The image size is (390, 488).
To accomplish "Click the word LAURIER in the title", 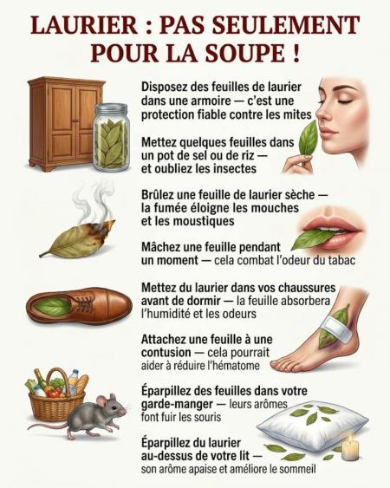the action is point(84,25).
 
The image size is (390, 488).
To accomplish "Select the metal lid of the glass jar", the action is point(111,109).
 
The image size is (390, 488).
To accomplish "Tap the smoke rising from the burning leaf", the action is point(93,201).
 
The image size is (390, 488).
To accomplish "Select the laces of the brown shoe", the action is point(85,304).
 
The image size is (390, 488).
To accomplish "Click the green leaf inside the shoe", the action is point(54,307).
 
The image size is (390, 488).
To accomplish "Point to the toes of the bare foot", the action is point(283,364).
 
